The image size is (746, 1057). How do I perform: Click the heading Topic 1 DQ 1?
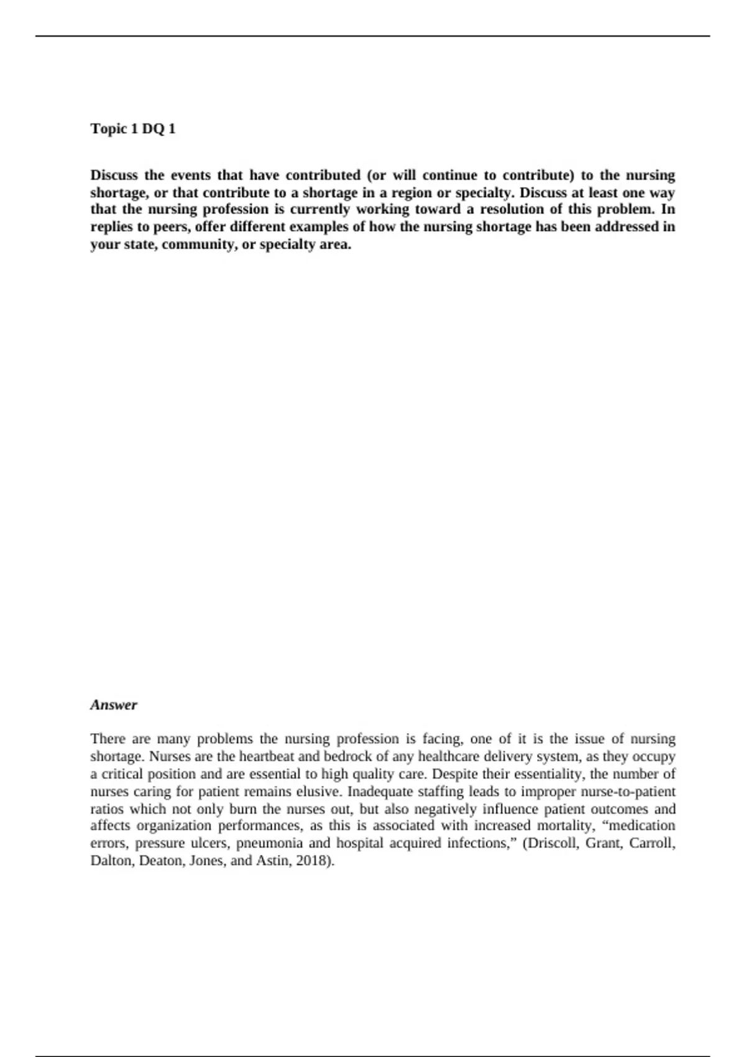coord(133,129)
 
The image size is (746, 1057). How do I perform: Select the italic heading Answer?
coord(114,704)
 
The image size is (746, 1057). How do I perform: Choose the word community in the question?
coord(198,244)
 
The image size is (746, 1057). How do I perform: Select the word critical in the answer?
coord(122,774)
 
